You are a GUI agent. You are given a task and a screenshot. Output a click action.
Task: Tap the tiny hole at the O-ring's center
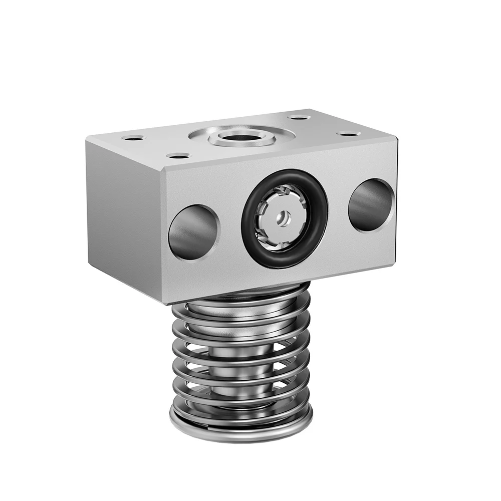click(284, 216)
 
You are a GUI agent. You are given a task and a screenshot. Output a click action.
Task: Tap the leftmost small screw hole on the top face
click(134, 137)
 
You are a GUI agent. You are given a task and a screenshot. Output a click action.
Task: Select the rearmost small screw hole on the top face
click(299, 117)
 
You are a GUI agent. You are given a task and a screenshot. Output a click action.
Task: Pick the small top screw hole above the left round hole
click(178, 156)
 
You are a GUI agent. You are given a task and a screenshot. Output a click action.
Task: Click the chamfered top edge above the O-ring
click(281, 155)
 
